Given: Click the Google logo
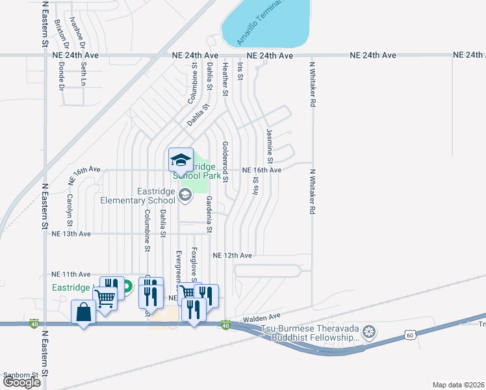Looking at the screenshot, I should click(x=21, y=382).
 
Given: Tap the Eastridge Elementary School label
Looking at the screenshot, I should click(x=138, y=196).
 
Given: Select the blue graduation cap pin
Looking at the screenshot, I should click(x=181, y=160).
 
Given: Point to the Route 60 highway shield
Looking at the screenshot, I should click(x=409, y=334).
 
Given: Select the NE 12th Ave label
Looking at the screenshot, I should click(x=232, y=255).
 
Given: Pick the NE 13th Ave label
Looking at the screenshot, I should click(x=71, y=233).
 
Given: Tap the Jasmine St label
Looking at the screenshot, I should click(x=269, y=146).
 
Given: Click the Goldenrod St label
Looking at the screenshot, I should click(x=225, y=159).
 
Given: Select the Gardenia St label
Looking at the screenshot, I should click(x=209, y=214).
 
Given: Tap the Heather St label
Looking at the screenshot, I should click(x=225, y=79).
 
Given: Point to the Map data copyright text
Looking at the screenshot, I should click(x=458, y=385).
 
